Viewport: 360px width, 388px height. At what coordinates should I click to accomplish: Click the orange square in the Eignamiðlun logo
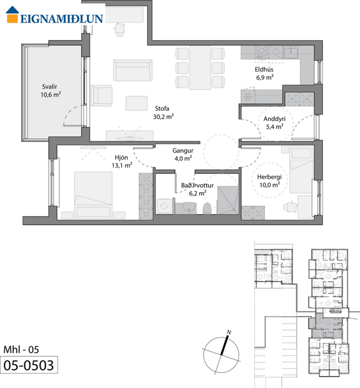point(12,17)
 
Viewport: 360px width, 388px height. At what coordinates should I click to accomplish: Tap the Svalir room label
point(50,87)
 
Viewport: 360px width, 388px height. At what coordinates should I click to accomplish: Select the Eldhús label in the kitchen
point(264,71)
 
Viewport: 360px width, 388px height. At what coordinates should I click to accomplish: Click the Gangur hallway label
point(183,151)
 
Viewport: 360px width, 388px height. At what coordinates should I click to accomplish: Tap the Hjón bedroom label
point(121,158)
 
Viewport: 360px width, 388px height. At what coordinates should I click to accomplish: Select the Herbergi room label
point(270,177)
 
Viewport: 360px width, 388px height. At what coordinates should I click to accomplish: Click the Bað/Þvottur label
point(193,186)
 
